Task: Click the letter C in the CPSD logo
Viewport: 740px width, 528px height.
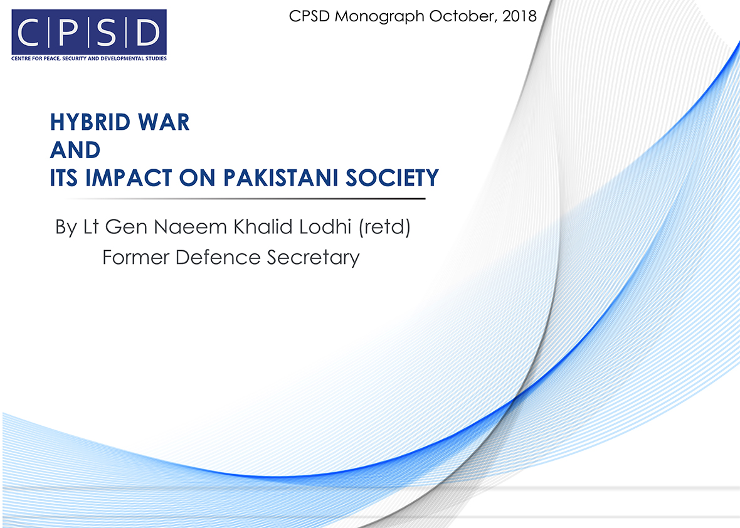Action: pyautogui.click(x=28, y=32)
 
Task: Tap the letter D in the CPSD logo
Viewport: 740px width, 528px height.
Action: pyautogui.click(x=148, y=32)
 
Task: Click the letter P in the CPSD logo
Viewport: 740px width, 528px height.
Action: pyautogui.click(x=68, y=32)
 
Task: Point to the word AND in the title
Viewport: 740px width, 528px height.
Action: pyautogui.click(x=75, y=150)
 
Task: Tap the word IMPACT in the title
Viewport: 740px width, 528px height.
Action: pyautogui.click(x=129, y=178)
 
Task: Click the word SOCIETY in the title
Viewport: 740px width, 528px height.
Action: pyautogui.click(x=392, y=178)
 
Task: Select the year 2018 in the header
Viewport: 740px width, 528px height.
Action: pyautogui.click(x=519, y=16)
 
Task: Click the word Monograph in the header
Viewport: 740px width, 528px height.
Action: pyautogui.click(x=379, y=17)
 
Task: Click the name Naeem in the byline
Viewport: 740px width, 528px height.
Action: pyautogui.click(x=190, y=227)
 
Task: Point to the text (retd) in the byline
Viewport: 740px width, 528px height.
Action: pyautogui.click(x=384, y=227)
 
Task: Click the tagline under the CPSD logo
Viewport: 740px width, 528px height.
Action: pyautogui.click(x=89, y=58)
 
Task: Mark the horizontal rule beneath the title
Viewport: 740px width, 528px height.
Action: pyautogui.click(x=245, y=199)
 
